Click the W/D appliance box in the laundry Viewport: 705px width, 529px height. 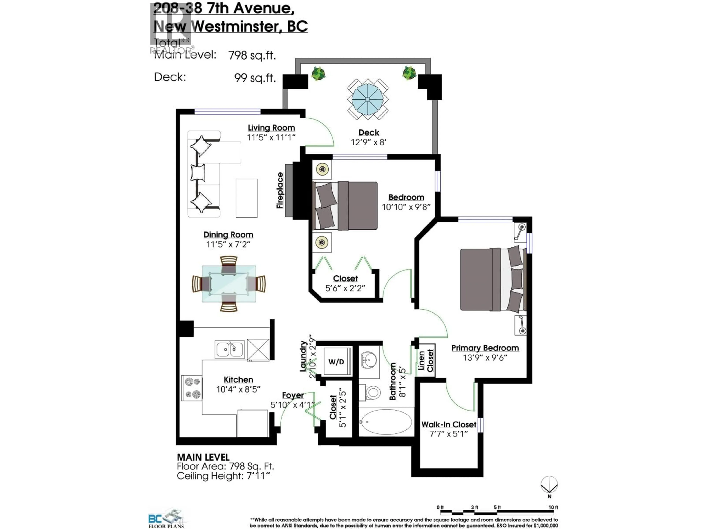337,362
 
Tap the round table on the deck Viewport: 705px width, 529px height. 368,99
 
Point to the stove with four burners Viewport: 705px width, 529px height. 192,388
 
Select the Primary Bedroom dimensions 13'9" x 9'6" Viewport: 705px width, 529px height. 485,357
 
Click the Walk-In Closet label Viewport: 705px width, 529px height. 449,424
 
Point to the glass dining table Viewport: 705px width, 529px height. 229,283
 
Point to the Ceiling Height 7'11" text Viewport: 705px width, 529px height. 223,476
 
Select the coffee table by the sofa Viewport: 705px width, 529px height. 246,198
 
